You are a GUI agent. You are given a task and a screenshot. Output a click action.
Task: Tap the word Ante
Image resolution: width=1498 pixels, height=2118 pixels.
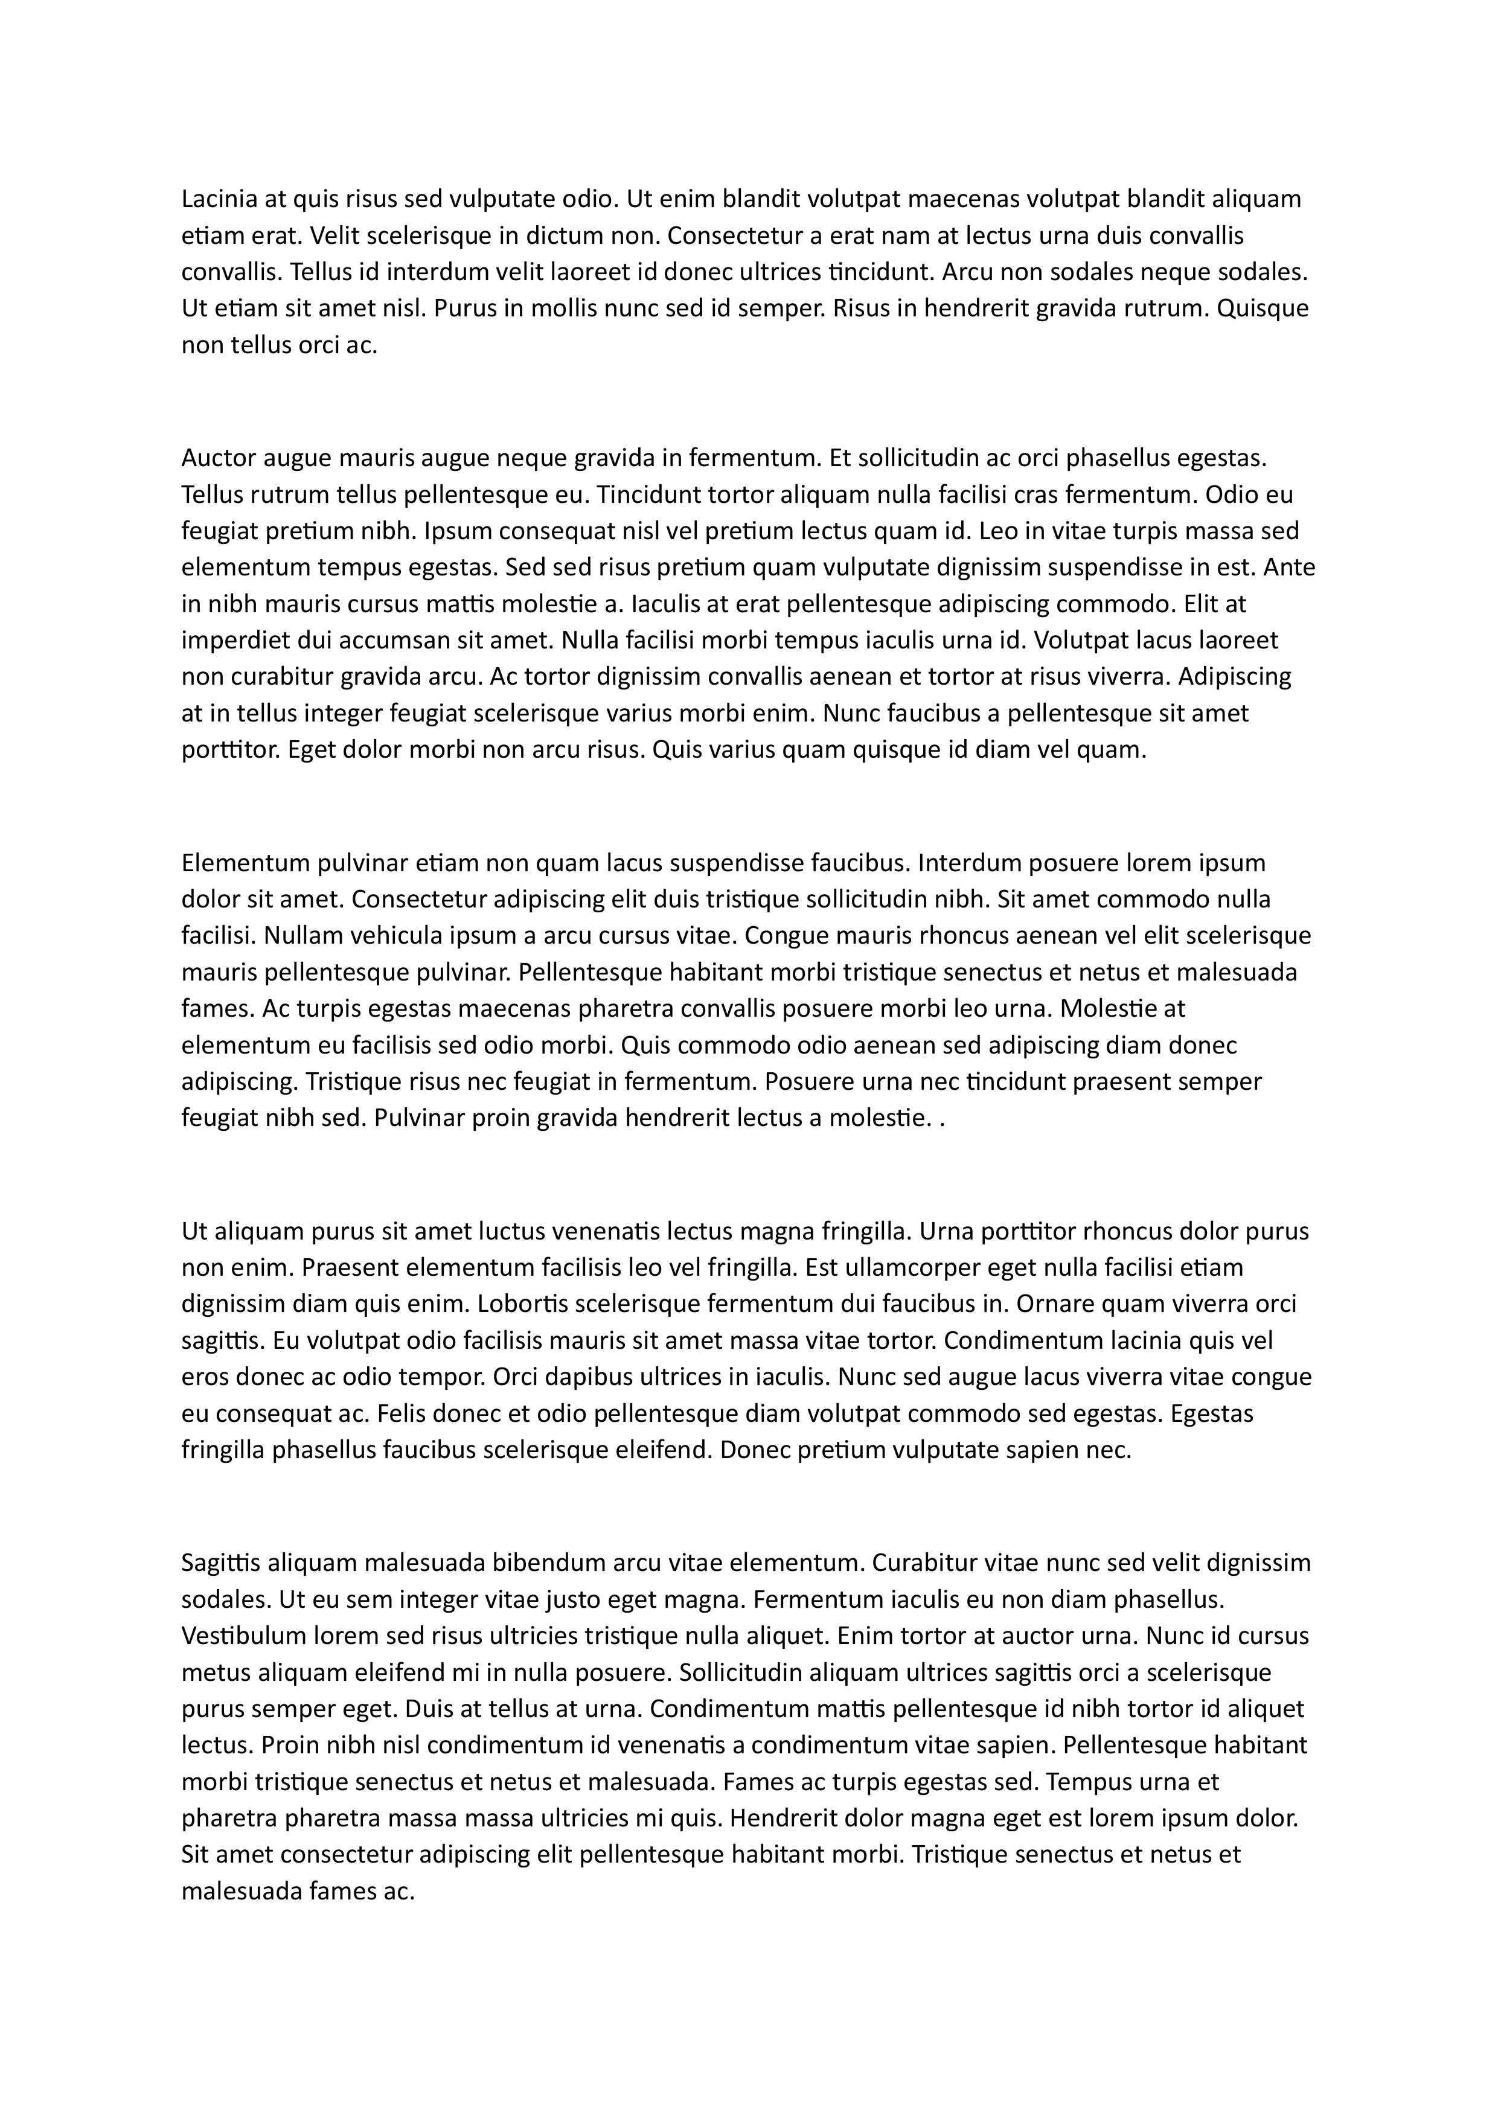(1290, 568)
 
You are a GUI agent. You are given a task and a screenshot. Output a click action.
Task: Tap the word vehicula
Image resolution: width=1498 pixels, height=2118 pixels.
(399, 935)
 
